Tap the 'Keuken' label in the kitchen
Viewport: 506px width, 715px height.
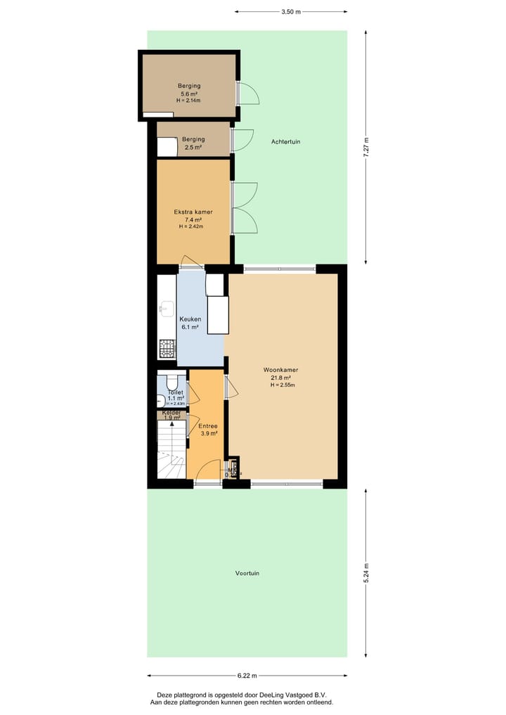[190, 318]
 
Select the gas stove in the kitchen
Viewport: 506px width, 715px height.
[167, 347]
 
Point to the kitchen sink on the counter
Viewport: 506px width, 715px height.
[166, 308]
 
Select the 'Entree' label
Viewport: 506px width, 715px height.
[207, 426]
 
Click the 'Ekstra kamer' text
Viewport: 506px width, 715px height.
[193, 212]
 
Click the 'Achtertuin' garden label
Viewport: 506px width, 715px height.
[286, 141]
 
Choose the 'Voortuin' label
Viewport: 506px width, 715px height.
[247, 573]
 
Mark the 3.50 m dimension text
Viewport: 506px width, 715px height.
[290, 12]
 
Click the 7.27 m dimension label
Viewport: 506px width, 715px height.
[365, 148]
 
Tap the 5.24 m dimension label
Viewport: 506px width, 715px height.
[365, 573]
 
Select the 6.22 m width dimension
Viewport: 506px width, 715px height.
[247, 676]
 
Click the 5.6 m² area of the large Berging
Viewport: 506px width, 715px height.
[189, 94]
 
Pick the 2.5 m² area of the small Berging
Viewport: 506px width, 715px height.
[193, 148]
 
